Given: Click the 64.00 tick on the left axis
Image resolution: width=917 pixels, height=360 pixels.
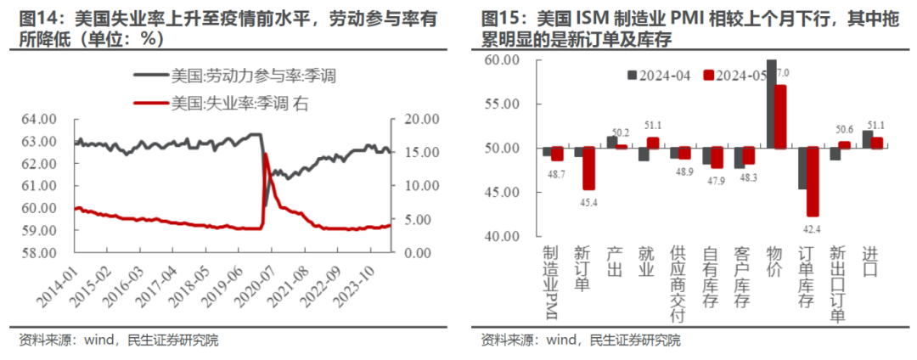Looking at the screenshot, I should pos(38,119).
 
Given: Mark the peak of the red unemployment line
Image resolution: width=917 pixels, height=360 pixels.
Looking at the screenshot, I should pos(266,155).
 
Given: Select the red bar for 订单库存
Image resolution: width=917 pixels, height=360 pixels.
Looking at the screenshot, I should pos(813,182).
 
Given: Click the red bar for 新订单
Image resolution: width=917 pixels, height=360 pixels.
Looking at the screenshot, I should pos(588,168).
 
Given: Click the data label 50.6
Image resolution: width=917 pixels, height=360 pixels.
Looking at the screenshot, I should pos(846,130).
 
